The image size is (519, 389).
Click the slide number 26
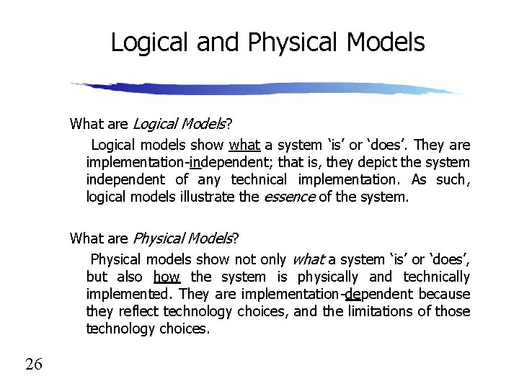(34, 364)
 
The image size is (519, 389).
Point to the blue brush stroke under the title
(267, 89)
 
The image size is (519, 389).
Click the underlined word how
(167, 277)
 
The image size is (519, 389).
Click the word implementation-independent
(167, 162)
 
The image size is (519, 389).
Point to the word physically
(328, 277)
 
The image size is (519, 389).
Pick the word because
(444, 294)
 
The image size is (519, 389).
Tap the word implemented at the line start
(129, 294)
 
